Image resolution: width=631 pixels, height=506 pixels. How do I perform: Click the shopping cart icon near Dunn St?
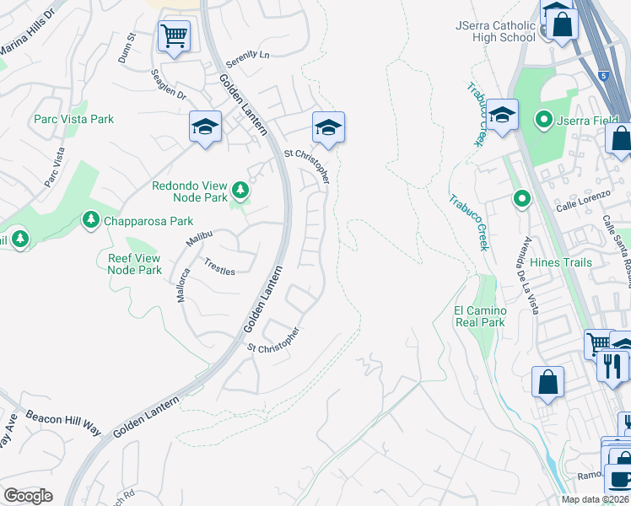(x=174, y=36)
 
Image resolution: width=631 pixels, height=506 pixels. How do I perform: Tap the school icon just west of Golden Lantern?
(x=205, y=127)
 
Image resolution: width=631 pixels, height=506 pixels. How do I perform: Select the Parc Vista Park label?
(x=74, y=120)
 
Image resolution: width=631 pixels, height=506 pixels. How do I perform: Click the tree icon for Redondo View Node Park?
(x=241, y=191)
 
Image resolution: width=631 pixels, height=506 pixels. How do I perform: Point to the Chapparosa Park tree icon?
(x=90, y=220)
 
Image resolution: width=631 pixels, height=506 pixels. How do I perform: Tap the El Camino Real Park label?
(x=479, y=316)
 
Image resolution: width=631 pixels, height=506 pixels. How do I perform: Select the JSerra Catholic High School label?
(x=495, y=32)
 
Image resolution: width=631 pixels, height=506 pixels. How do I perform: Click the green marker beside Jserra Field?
(x=544, y=121)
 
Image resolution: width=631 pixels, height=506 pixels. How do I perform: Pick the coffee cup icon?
(x=620, y=478)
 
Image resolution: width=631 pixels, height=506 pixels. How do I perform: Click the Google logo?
(x=28, y=496)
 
